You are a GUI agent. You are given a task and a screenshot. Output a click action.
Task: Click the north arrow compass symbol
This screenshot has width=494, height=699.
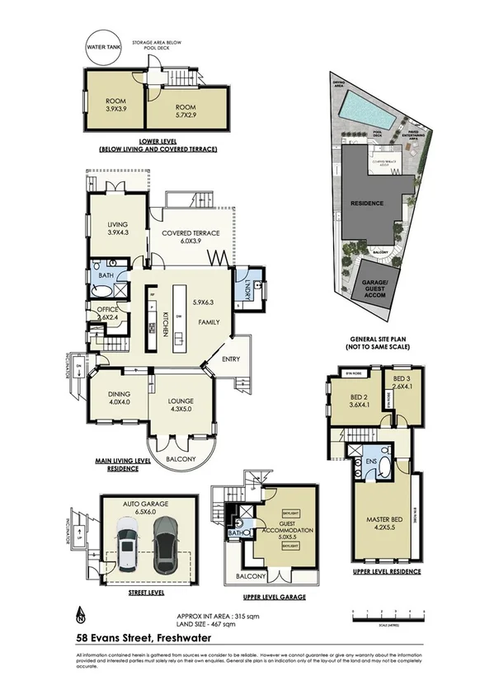[80, 613]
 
